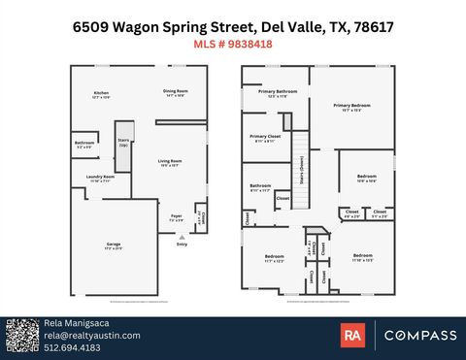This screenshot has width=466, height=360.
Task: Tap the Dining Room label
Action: click(175, 93)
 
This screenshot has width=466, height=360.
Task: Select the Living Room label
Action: click(171, 164)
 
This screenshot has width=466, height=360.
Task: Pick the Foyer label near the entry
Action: click(177, 218)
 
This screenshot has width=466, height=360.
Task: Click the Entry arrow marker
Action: click(182, 237)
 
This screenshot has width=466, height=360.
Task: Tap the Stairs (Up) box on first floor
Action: click(123, 144)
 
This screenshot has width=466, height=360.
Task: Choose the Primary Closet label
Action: click(264, 138)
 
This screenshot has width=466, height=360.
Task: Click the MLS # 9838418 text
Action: click(232, 44)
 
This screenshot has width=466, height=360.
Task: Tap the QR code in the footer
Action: click(20, 336)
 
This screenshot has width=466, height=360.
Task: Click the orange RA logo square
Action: click(352, 336)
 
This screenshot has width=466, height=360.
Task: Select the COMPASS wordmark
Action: click(420, 336)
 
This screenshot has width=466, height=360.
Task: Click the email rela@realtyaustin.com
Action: click(92, 335)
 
